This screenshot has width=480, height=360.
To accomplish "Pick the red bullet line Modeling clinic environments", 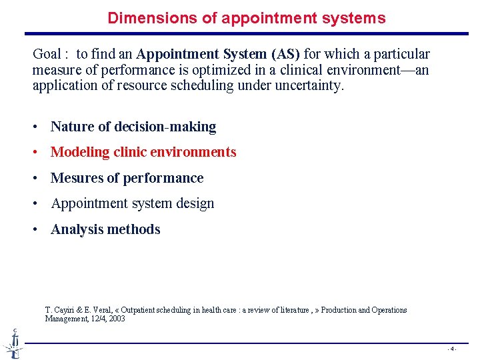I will pos(143,152).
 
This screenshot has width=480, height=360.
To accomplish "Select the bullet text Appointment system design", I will pos(133,203).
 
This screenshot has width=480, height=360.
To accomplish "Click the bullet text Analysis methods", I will pos(105,229).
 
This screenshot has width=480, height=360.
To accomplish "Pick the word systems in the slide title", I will pos(357,18).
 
